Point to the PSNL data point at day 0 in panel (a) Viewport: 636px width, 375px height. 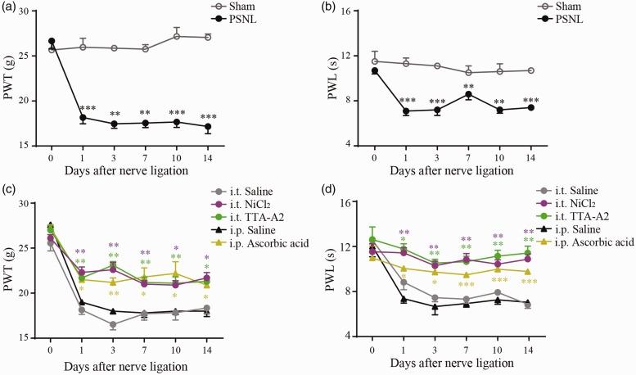coord(52,41)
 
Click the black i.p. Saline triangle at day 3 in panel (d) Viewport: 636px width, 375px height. coord(435,307)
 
